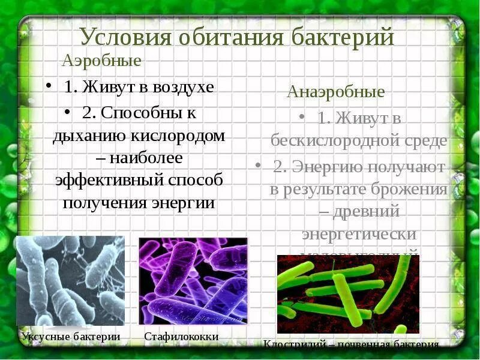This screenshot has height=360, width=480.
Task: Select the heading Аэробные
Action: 102,61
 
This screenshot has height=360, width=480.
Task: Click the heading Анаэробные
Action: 335,92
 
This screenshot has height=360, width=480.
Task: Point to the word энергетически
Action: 359,233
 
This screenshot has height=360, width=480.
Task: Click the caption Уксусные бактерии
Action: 71,337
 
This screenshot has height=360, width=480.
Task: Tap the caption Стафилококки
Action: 181,337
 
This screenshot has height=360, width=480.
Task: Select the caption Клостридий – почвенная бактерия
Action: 352,345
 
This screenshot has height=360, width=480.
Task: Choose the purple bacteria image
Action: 193,280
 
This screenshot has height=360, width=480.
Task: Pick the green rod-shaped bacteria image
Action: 348,294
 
